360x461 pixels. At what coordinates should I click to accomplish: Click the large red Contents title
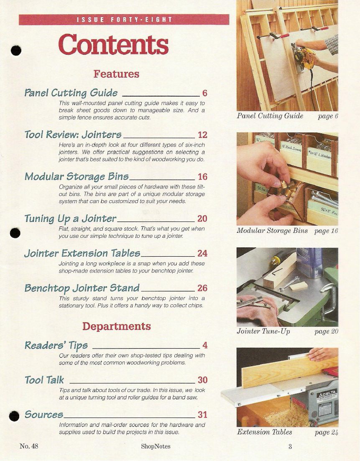click(114, 44)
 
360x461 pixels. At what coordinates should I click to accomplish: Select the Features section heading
click(117, 74)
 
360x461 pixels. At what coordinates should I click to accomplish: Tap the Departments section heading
click(117, 326)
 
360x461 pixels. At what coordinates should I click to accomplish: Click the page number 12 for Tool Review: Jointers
click(203, 135)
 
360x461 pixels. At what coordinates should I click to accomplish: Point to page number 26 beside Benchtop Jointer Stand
click(203, 288)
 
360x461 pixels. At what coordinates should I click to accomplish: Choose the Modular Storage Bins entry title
click(77, 176)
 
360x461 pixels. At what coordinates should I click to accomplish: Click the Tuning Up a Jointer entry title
click(71, 219)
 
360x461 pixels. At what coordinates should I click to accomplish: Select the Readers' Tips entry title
click(56, 346)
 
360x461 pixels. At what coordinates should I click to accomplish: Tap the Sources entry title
click(44, 415)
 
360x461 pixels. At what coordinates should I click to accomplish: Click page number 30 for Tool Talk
click(203, 380)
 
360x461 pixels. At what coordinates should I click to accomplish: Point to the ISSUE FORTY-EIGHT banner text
click(124, 20)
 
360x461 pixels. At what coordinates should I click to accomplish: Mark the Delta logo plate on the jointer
click(327, 395)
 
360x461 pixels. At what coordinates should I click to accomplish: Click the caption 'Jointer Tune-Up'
click(263, 331)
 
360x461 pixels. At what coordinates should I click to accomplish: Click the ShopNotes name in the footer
click(156, 446)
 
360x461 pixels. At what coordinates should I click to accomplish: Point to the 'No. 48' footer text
click(29, 446)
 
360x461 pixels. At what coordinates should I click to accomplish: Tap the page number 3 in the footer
click(290, 447)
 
